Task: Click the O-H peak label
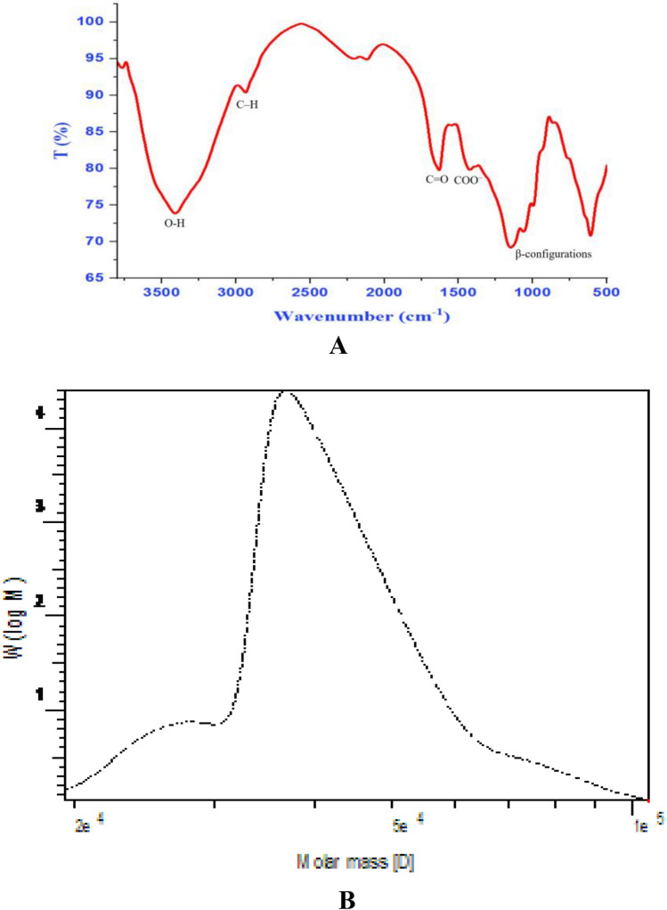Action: click(175, 224)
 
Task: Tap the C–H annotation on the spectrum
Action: click(248, 104)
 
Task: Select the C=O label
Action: click(436, 179)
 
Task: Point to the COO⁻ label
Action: click(468, 180)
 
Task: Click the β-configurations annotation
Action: click(554, 254)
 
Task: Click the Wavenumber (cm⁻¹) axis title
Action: click(362, 316)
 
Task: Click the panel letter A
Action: click(338, 347)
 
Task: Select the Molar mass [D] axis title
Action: click(356, 863)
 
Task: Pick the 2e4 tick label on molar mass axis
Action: click(89, 825)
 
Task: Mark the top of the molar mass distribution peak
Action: click(286, 391)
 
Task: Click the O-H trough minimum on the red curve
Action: click(176, 213)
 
